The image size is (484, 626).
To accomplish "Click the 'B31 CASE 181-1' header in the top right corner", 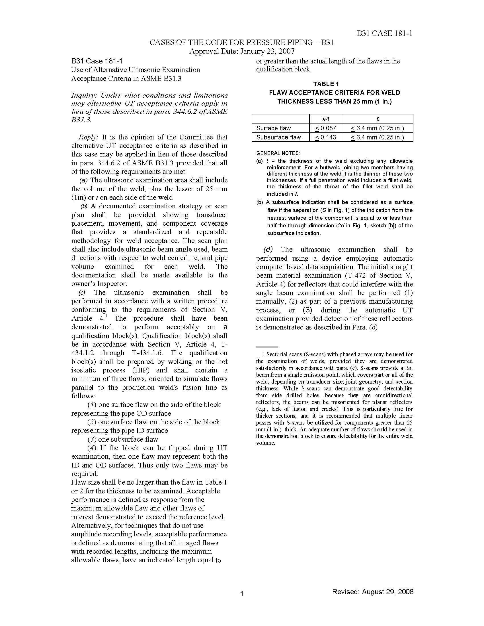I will click(384, 34).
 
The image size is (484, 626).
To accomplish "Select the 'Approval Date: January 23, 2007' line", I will click(242, 51).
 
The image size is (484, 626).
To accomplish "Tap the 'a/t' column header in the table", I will click(326, 119).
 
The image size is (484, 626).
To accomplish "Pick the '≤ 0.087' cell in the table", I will click(325, 128).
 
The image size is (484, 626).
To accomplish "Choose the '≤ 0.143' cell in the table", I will click(325, 137).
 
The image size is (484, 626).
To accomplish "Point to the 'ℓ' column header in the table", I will click(377, 119).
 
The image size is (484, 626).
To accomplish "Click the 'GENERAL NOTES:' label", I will click(278, 153).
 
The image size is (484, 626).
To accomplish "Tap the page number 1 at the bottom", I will click(242, 594).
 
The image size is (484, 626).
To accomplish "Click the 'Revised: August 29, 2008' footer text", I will click(372, 592).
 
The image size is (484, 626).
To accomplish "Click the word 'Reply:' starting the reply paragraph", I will click(88, 137).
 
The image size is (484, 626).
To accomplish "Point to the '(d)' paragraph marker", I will click(268, 249).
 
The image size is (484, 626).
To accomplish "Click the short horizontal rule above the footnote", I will click(267, 347).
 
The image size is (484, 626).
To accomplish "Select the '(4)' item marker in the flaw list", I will click(92, 448).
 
